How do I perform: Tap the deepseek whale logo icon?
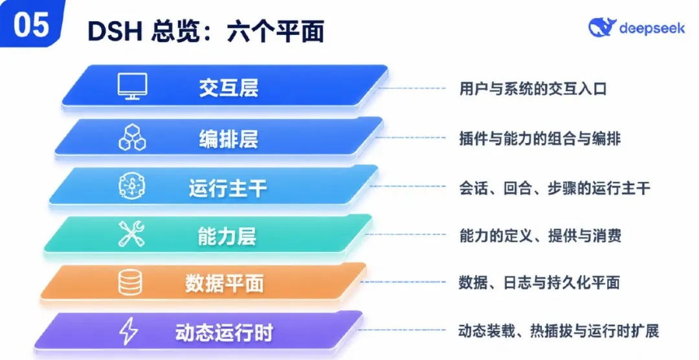[602, 28]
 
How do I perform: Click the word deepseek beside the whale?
[652, 28]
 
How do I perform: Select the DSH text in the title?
[115, 31]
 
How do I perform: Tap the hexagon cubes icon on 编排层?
[133, 137]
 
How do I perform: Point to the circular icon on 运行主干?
[133, 186]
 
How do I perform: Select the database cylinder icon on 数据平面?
[130, 282]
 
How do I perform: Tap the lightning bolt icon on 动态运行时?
[128, 331]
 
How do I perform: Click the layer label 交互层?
[228, 87]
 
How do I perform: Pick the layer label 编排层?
[228, 139]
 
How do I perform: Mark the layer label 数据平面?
[224, 283]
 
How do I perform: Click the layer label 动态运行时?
[224, 332]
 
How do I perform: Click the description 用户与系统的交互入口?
[533, 88]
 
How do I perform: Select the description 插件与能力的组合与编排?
[540, 139]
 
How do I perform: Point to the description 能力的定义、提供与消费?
[540, 235]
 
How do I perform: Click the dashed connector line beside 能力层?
[405, 234]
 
